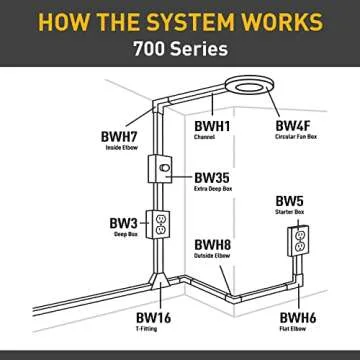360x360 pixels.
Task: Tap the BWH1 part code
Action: point(214,125)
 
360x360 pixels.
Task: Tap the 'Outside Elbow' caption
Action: point(212,257)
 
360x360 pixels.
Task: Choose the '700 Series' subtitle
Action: point(180,48)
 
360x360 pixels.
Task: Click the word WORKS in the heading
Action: point(296,21)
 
